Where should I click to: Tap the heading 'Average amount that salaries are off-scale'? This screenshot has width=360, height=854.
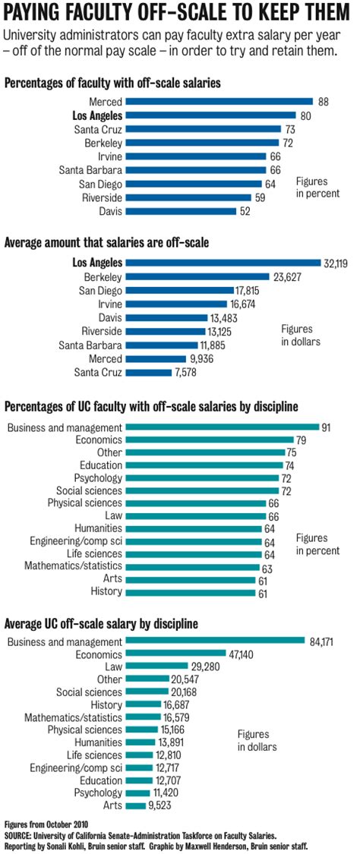click(x=107, y=243)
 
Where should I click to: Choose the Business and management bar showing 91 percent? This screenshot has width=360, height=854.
click(x=222, y=427)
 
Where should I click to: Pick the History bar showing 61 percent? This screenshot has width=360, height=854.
click(x=190, y=591)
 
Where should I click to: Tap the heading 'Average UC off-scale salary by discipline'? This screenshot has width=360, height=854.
click(x=102, y=623)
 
